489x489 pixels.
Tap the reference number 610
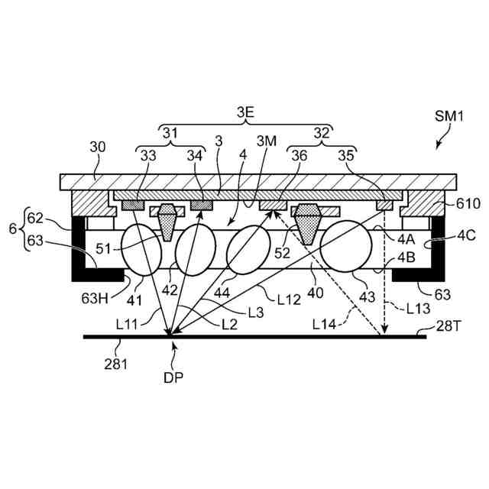point(468,203)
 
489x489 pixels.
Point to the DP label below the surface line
point(174,377)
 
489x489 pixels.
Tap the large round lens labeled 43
point(346,250)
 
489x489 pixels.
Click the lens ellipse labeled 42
point(193,251)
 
